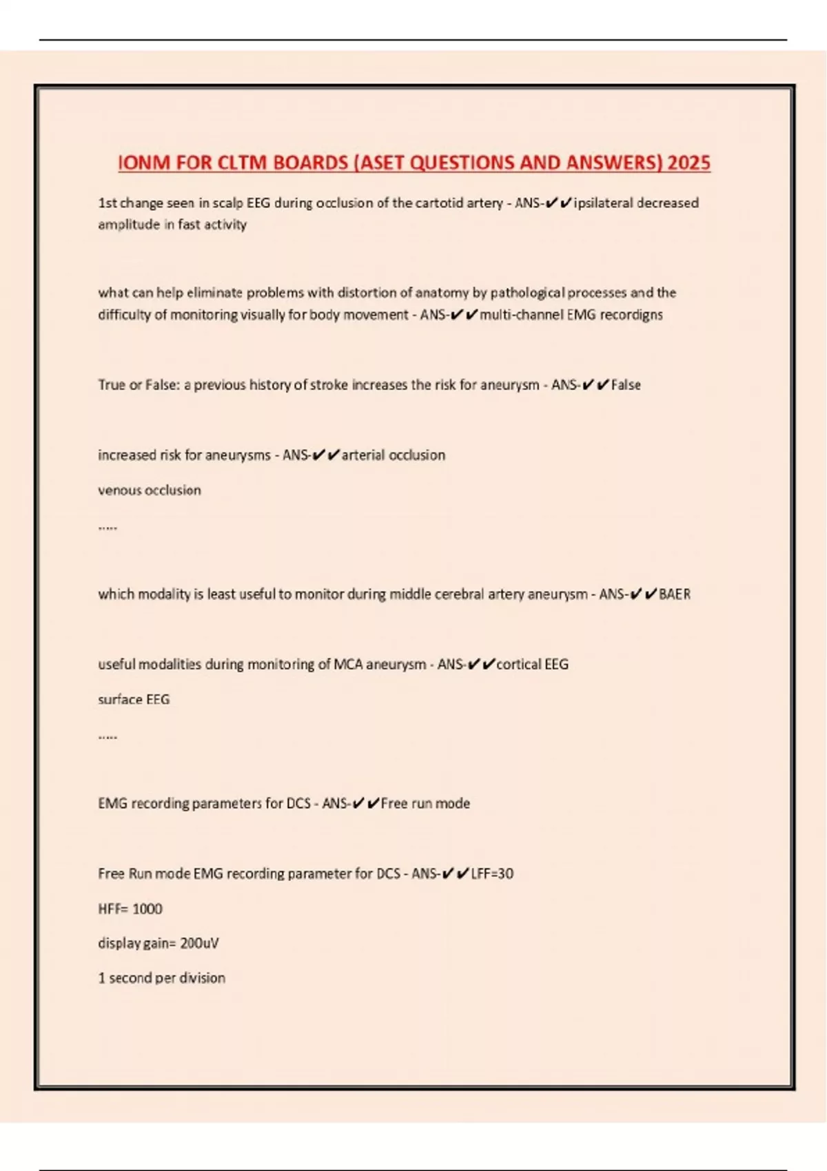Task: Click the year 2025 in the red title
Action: pyautogui.click(x=688, y=163)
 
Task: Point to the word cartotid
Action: pyautogui.click(x=441, y=203)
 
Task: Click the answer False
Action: pyautogui.click(x=626, y=385)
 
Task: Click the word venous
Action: pyautogui.click(x=119, y=490)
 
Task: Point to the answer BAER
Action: pyautogui.click(x=675, y=594)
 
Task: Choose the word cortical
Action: pyautogui.click(x=518, y=665)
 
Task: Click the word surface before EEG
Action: pyautogui.click(x=120, y=700)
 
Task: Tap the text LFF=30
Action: pyautogui.click(x=492, y=874)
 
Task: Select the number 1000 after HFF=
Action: pyautogui.click(x=147, y=909)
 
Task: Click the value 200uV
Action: pyautogui.click(x=199, y=944)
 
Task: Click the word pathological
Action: pyautogui.click(x=527, y=293)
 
